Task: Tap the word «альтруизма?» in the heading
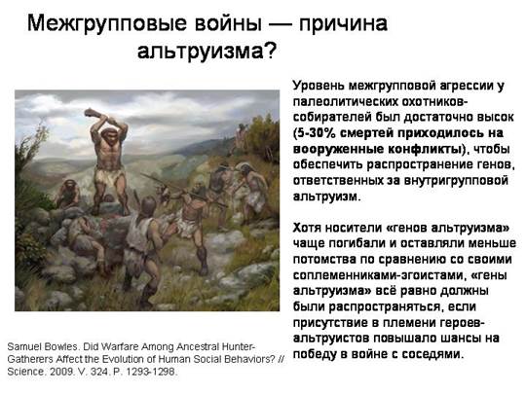coord(207,51)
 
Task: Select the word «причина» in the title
coord(343,23)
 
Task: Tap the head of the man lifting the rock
coord(108,134)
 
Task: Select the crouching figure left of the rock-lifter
coord(69,194)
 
